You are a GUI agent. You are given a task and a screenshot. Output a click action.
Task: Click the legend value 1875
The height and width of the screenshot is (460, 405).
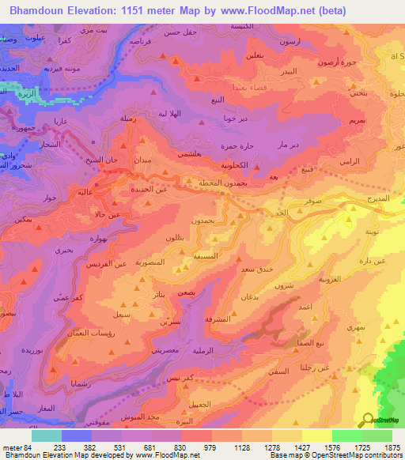(x=391, y=447)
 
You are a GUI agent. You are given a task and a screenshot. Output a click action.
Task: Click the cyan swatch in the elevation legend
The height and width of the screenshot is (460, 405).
(x=46, y=435)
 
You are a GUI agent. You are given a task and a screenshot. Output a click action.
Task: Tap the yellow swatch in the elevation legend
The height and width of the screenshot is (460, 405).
(x=316, y=435)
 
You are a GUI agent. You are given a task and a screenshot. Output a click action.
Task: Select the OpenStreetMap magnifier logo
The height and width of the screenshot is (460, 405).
(x=367, y=420)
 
